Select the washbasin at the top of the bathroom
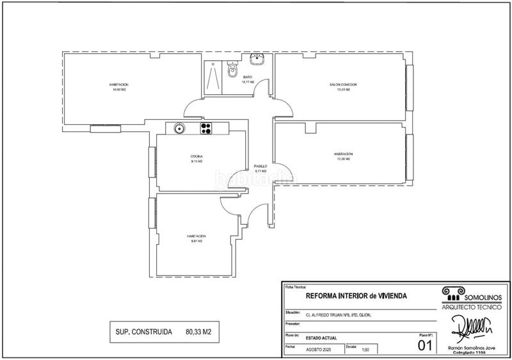coord(258,60)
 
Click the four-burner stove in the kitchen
coord(207,129)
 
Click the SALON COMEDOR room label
coord(343,85)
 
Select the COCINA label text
coord(196,157)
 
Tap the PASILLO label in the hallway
coord(260,166)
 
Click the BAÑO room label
coord(247,78)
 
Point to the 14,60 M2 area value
coord(120,90)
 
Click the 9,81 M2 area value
coord(196,241)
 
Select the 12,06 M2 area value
coord(343,159)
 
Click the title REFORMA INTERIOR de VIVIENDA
coord(356,296)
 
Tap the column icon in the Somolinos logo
coord(451,293)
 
